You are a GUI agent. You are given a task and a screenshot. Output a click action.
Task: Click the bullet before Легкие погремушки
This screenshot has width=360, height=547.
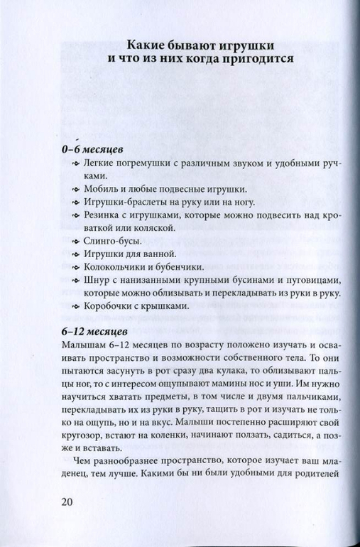(76, 164)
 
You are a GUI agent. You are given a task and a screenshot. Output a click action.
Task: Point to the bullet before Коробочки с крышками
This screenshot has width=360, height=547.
(76, 306)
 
